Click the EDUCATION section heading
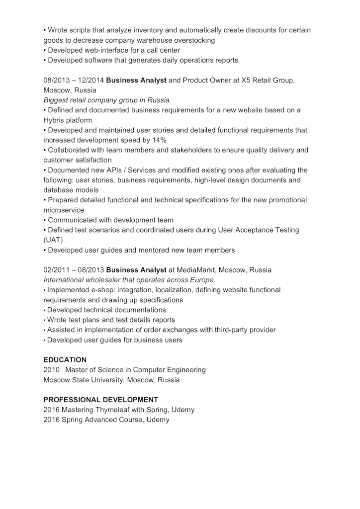[x=65, y=359]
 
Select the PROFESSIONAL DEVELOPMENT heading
[x=100, y=399]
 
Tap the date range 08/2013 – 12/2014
[x=74, y=80]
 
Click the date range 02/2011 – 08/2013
[x=74, y=269]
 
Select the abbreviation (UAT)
[x=53, y=240]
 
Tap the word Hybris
[x=56, y=120]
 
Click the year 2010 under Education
[x=51, y=369]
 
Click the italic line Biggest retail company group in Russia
[x=107, y=100]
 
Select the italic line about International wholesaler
[x=129, y=280]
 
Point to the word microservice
[x=64, y=210]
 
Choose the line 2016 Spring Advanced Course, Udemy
[x=106, y=420]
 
